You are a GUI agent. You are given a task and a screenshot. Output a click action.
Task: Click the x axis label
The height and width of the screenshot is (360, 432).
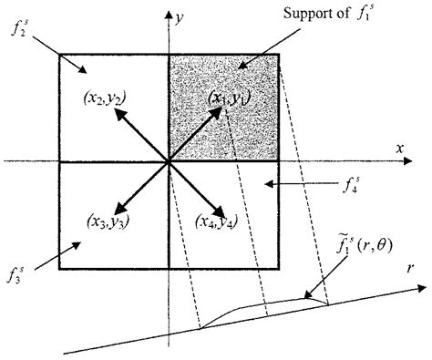(399, 147)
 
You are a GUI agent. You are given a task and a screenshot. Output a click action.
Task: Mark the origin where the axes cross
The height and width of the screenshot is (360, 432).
(169, 161)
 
